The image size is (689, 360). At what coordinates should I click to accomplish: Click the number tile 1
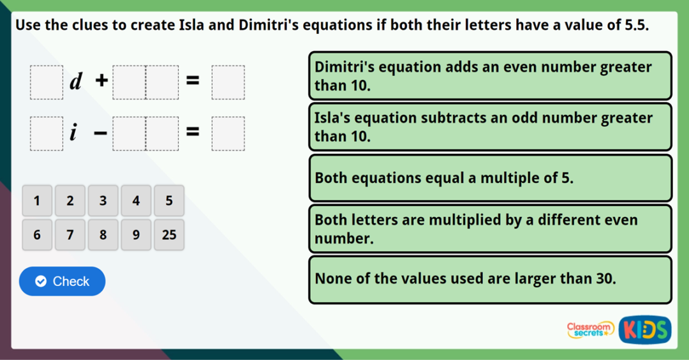point(37,201)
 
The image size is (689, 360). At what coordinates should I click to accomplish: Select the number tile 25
point(169,235)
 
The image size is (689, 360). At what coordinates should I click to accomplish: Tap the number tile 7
point(70,235)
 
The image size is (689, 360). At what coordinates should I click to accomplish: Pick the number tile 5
point(169,201)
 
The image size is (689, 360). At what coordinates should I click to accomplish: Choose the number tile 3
point(103,201)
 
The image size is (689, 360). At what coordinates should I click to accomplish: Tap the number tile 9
point(136,235)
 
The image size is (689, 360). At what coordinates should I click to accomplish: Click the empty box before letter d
point(47,82)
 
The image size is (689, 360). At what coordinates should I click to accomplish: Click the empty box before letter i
point(47,133)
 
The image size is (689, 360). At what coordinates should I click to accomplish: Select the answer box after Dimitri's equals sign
point(228,82)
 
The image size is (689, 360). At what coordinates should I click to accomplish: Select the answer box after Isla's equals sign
point(228,133)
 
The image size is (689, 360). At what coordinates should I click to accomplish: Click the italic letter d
point(77,82)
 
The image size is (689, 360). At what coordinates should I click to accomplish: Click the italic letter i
point(74,133)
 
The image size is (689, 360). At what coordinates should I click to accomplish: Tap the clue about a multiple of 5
point(489,178)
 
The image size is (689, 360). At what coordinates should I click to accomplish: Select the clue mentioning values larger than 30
point(489,279)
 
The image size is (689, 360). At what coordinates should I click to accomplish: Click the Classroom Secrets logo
point(590,329)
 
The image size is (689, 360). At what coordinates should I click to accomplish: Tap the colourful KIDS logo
point(644,329)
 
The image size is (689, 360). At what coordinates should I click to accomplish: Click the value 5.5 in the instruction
point(635,26)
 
